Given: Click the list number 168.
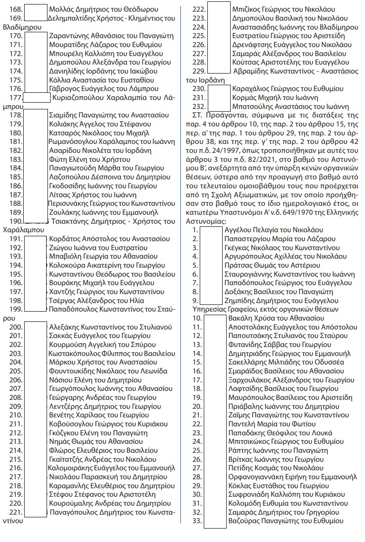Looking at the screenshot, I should [x=14, y=9].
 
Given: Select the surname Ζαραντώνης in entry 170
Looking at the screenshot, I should [x=69, y=36].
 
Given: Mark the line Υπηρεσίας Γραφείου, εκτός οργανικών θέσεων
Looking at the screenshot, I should [x=262, y=309].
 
